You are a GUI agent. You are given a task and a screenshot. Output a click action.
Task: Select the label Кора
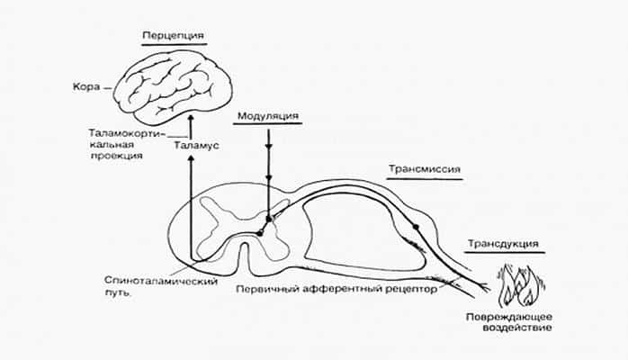coord(83,88)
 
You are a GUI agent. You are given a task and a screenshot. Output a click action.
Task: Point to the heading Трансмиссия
coord(424,167)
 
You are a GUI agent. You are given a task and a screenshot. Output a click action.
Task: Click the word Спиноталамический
coord(161,282)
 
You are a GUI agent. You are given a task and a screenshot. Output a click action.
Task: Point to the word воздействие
coord(503,329)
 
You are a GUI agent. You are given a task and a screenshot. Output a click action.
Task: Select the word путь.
coord(118,293)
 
